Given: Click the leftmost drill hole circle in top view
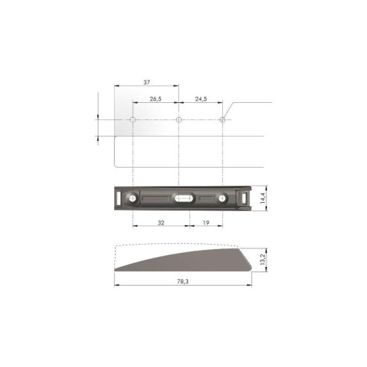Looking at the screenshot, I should (x=132, y=119).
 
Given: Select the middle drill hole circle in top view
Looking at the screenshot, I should (x=179, y=119).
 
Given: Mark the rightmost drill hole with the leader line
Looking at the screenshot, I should (x=222, y=119).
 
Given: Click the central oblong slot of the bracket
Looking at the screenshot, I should (x=183, y=198).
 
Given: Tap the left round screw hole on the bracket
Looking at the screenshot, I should (x=132, y=199).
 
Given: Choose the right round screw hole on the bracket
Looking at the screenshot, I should (x=222, y=199).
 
